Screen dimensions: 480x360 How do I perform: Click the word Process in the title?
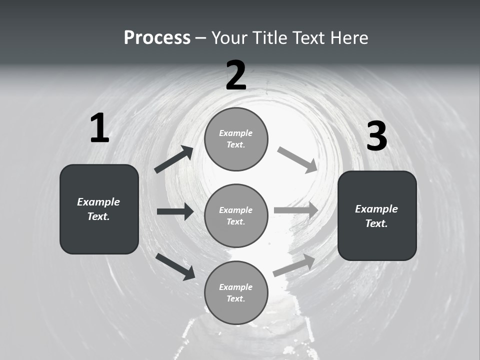tap(157, 38)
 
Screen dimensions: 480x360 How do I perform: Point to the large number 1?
tap(99, 128)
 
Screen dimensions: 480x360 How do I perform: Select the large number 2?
tap(236, 75)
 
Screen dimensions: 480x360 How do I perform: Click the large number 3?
tap(377, 136)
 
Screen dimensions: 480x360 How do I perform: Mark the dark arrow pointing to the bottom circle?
tap(175, 266)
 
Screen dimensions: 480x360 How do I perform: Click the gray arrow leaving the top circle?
tap(297, 160)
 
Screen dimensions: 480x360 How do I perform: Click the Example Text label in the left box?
tap(98, 209)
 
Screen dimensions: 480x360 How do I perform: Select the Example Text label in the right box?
tap(376, 216)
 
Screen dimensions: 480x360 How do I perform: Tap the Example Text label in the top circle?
tap(236, 139)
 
